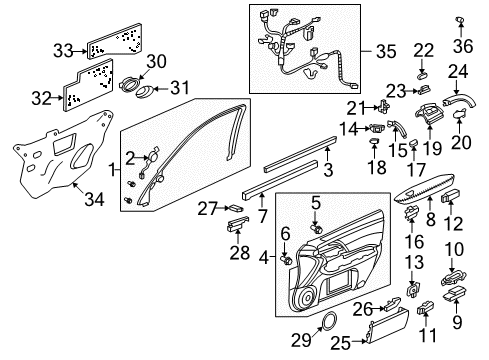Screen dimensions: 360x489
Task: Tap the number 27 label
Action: click(207, 207)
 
